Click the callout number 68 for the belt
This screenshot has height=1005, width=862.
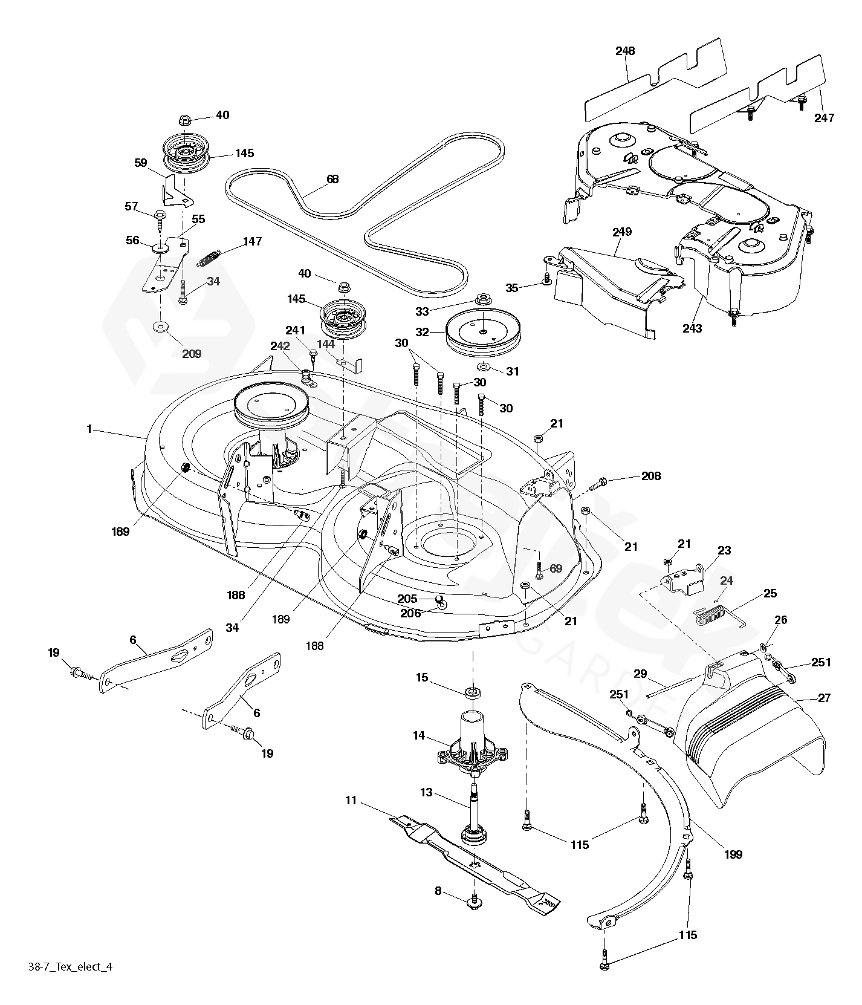click(332, 179)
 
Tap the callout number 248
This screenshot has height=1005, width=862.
click(625, 51)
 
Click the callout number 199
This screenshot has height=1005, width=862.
click(733, 854)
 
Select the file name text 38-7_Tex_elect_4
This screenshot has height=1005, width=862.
click(71, 984)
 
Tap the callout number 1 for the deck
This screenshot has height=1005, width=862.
click(89, 429)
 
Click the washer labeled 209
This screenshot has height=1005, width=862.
click(161, 327)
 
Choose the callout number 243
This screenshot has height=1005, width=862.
click(692, 328)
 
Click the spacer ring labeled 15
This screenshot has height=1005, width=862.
click(473, 691)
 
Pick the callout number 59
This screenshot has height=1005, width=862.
click(141, 163)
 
